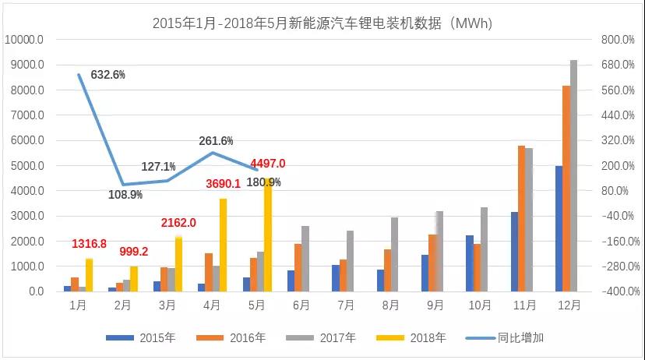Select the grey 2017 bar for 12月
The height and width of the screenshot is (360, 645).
[574, 175]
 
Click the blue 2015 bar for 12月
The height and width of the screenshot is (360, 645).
[558, 228]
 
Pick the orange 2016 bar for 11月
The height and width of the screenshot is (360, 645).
[520, 218]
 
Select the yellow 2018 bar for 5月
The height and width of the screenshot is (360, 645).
[268, 235]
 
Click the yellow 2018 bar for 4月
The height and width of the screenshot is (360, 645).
[223, 245]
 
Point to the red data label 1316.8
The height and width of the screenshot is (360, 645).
[90, 244]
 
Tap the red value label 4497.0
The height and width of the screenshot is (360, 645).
[268, 164]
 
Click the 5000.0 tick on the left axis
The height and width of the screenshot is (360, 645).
[26, 166]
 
